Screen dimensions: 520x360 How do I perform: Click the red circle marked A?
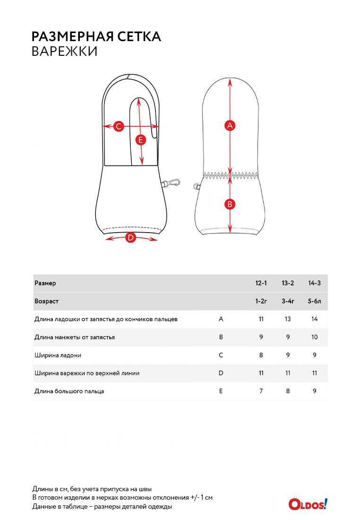click(230, 125)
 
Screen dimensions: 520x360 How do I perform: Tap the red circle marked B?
click(230, 204)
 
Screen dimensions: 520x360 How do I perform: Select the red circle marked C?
click(119, 126)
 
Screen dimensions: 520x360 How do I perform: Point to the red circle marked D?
click(130, 238)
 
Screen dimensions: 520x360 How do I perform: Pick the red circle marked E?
click(140, 140)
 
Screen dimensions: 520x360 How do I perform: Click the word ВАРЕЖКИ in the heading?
click(64, 52)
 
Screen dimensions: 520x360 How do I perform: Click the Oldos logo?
click(308, 504)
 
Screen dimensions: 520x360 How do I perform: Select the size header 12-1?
click(261, 283)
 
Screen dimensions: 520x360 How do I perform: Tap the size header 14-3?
click(315, 283)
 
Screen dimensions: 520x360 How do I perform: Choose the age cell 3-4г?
click(288, 301)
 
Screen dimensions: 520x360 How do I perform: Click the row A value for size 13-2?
click(288, 319)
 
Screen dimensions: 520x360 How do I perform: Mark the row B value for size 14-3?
click(315, 337)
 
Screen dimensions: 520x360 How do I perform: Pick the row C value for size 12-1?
click(261, 355)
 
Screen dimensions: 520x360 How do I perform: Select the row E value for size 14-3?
click(315, 391)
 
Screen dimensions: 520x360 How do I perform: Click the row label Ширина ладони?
click(55, 355)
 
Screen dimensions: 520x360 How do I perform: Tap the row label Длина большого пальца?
click(69, 391)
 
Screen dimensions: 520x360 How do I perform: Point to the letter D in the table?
click(221, 373)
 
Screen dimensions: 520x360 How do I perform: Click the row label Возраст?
click(46, 301)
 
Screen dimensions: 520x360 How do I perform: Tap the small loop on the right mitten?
click(197, 187)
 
